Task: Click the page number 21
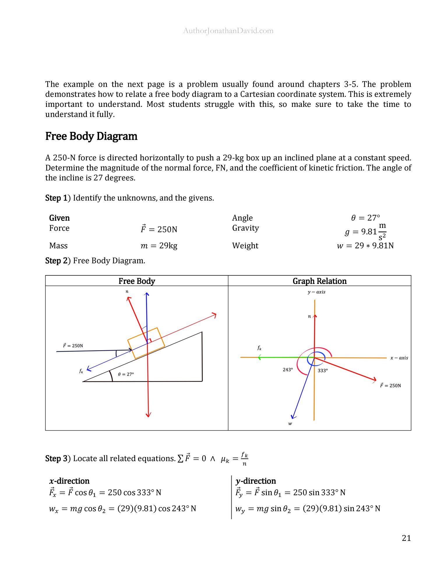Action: pos(406,538)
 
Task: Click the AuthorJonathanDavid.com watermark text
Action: pos(228,31)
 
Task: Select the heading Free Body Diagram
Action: pos(91,136)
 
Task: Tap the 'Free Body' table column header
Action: pos(137,281)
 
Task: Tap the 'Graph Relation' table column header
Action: pos(320,281)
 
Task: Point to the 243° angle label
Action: pos(288,370)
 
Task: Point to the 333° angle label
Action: pos(323,371)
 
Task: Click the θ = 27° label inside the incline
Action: pos(126,374)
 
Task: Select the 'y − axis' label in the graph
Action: pos(316,292)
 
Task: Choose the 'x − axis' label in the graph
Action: pos(399,358)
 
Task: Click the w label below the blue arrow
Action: pos(290,424)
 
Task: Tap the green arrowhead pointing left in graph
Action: pos(259,357)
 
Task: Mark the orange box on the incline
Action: pos(146,343)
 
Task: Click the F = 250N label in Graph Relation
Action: pos(390,385)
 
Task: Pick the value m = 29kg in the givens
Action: pos(159,246)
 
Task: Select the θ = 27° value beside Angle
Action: pos(366,218)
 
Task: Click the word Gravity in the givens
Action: pos(245,228)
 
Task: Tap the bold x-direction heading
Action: pos(69,481)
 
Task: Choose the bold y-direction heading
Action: pos(255,481)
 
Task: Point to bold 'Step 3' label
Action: pos(57,458)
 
